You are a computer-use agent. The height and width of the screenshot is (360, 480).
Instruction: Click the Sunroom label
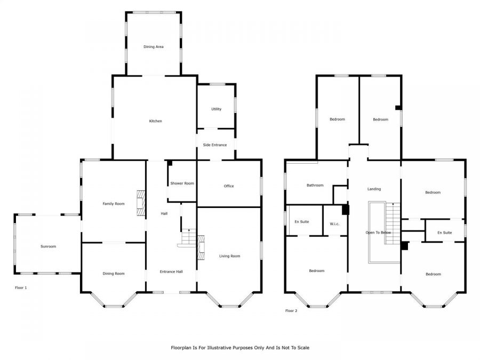(x=49, y=246)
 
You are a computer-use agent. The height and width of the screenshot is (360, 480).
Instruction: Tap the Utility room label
(x=217, y=109)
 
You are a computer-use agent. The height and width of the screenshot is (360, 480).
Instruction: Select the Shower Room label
(x=182, y=183)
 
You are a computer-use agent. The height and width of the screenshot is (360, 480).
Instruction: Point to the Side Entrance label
(x=215, y=145)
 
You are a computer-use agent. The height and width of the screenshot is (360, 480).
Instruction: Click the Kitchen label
(x=156, y=121)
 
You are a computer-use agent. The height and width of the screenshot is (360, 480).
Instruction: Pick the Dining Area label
(x=154, y=47)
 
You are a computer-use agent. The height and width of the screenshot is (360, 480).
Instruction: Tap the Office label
(x=229, y=186)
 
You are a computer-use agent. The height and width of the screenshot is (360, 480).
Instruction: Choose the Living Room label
(x=229, y=256)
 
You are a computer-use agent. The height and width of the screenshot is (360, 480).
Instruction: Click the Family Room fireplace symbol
(x=140, y=203)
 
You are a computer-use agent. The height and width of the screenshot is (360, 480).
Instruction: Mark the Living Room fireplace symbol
(x=201, y=247)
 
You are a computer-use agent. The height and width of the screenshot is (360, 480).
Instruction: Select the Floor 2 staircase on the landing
(x=393, y=223)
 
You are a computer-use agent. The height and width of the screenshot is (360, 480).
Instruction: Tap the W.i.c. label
(x=334, y=224)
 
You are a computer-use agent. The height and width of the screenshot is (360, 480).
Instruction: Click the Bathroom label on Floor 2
(x=315, y=185)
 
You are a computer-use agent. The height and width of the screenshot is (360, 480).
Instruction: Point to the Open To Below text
(x=378, y=233)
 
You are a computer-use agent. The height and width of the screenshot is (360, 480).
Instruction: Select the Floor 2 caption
(x=291, y=311)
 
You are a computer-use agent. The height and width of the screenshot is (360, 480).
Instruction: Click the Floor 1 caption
(x=21, y=288)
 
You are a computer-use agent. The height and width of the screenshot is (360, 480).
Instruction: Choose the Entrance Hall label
(x=171, y=271)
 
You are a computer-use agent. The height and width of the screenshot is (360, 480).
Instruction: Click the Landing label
(x=374, y=189)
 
